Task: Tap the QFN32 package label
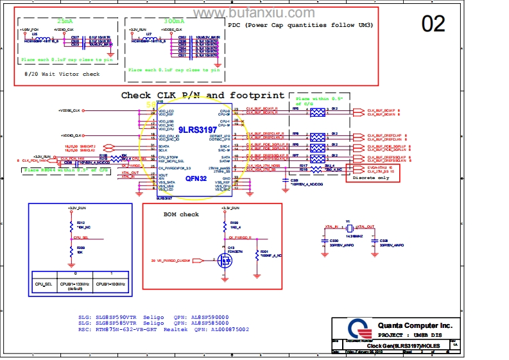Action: [x=196, y=178]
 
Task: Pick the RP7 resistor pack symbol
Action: [x=318, y=157]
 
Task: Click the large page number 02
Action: [x=433, y=24]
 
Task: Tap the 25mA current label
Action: [x=65, y=21]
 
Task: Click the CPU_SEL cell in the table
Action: [x=42, y=283]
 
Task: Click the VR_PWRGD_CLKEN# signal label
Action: [x=172, y=260]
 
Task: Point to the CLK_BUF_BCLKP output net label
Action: [x=383, y=110]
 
